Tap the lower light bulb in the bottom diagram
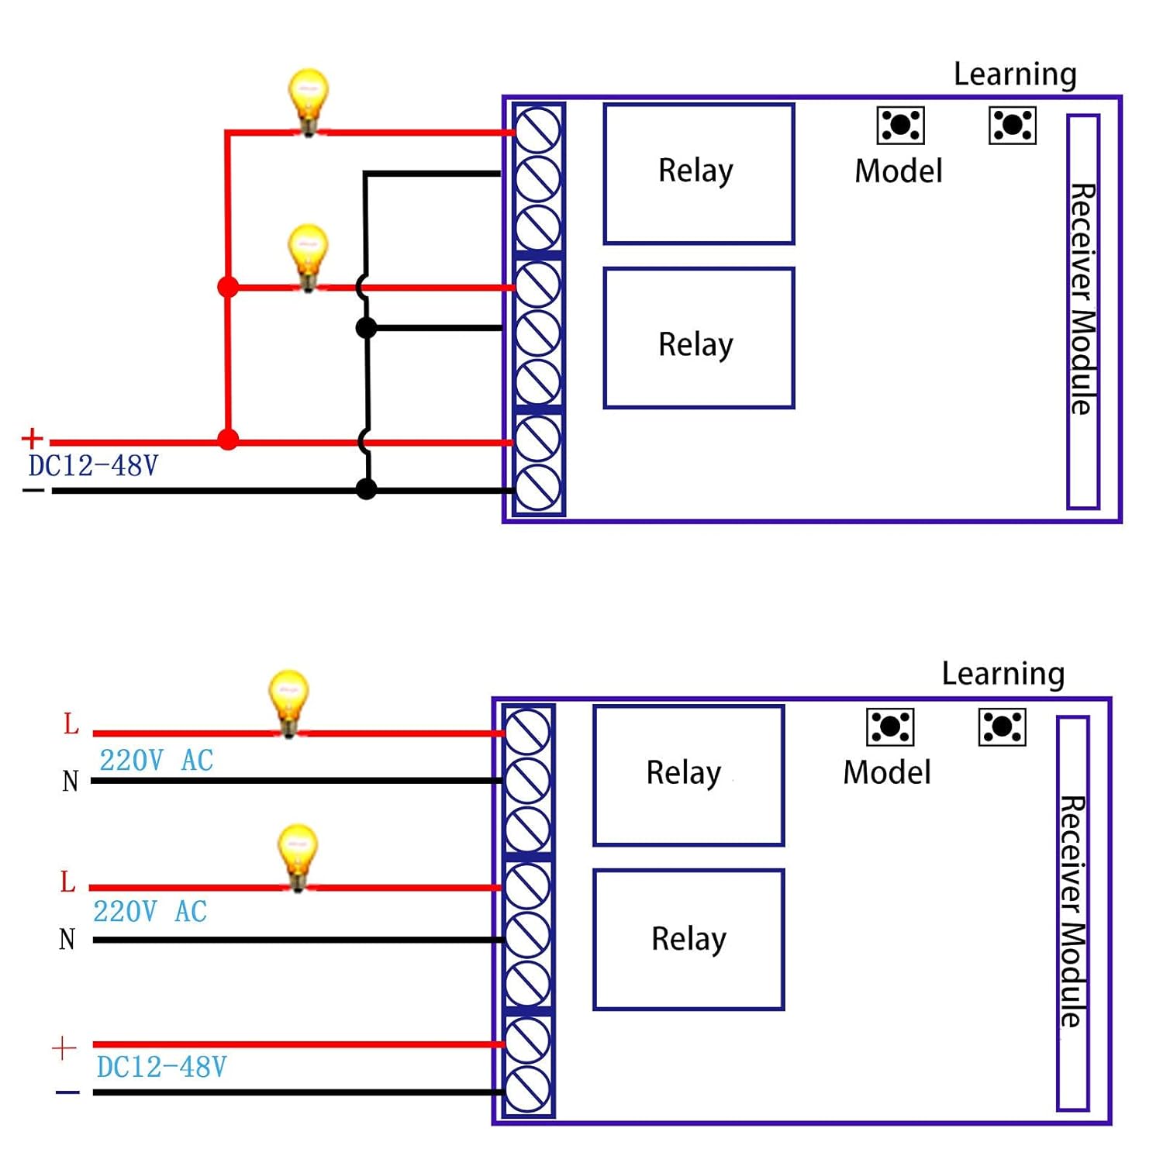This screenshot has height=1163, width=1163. click(298, 855)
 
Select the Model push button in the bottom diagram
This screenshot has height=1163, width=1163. click(889, 727)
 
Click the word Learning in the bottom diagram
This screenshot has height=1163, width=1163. click(1003, 674)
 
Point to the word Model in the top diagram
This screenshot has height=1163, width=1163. click(898, 171)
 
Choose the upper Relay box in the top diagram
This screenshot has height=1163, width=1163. click(699, 174)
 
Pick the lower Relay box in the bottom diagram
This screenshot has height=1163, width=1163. click(688, 939)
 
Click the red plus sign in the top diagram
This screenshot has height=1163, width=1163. click(32, 438)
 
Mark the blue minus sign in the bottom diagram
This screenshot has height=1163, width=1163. click(67, 1092)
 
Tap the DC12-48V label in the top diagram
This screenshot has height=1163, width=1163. click(93, 466)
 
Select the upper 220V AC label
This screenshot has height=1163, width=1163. click(156, 761)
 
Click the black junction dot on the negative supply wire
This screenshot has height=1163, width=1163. click(366, 489)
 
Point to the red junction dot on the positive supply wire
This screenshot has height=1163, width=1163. click(228, 440)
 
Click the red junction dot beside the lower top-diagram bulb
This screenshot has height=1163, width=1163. click(228, 288)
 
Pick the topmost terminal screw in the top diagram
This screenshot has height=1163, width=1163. click(537, 129)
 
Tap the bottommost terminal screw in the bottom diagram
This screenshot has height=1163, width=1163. click(527, 1089)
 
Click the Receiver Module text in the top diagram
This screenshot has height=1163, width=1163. click(1083, 299)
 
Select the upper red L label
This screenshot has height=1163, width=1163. click(71, 724)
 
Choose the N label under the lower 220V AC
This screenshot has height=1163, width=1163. click(67, 939)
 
